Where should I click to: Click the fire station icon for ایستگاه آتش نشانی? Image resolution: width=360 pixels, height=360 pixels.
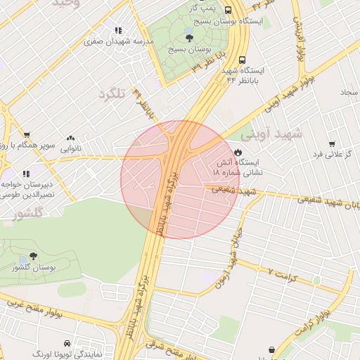click(238, 153)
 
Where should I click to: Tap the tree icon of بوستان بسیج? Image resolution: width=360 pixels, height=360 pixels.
click(190, 38)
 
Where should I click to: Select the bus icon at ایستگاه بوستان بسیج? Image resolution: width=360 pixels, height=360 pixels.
click(229, 10)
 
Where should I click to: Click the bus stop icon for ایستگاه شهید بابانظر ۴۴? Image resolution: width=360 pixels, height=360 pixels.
click(242, 60)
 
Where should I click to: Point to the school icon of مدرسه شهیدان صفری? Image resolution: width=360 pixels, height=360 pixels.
click(117, 31)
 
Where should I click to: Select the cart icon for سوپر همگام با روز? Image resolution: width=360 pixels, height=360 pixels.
click(27, 135)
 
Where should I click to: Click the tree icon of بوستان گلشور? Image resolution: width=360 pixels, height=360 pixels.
click(33, 257)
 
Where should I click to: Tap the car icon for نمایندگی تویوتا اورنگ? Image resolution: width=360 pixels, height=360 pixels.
click(67, 344)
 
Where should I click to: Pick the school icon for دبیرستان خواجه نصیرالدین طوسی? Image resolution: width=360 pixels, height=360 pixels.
click(27, 174)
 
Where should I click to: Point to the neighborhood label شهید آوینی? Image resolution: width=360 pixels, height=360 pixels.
click(271, 133)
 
